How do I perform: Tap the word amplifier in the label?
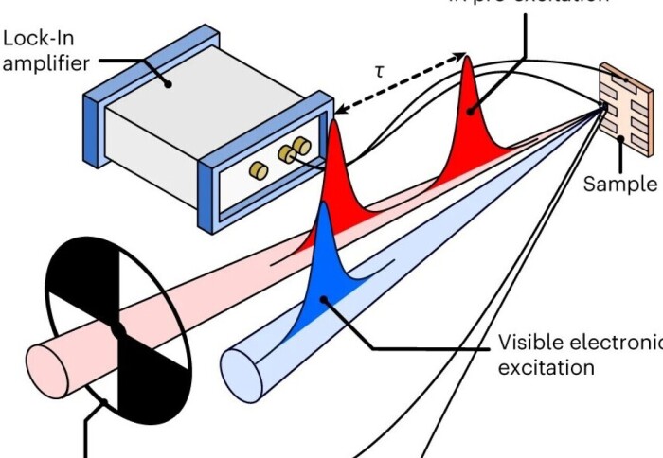coord(45,64)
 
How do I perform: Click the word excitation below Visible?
coord(547,367)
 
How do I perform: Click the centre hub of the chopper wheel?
coord(118,330)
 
